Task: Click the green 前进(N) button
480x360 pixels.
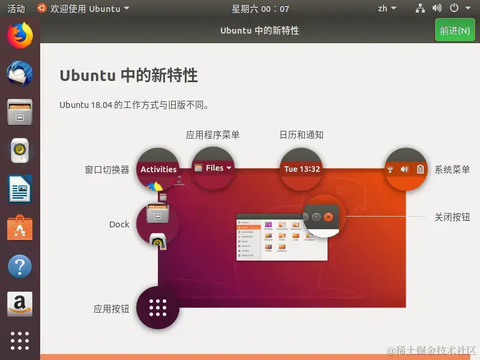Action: (x=454, y=31)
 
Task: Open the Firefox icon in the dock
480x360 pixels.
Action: (x=20, y=35)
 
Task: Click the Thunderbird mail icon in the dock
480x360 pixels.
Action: (x=20, y=74)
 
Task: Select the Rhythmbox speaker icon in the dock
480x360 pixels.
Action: (x=20, y=151)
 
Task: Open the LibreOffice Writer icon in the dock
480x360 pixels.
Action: (x=20, y=190)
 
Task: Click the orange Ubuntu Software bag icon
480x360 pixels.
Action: (x=20, y=228)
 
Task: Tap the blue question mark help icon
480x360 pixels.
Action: (x=20, y=266)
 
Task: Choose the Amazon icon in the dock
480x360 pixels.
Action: (x=20, y=305)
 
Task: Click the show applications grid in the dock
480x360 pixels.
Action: (x=20, y=340)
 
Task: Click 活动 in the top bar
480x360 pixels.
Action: (x=16, y=8)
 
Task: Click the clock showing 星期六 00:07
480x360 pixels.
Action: (x=260, y=8)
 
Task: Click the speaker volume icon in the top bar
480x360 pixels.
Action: (x=437, y=8)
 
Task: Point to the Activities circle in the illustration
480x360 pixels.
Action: (x=158, y=169)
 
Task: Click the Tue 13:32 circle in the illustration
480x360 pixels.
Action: (x=302, y=169)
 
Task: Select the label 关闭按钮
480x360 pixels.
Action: (x=452, y=217)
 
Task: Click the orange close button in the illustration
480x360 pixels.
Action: (x=328, y=217)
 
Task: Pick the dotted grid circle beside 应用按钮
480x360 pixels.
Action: (x=158, y=308)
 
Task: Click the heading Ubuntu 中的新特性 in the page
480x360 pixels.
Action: (x=128, y=76)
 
